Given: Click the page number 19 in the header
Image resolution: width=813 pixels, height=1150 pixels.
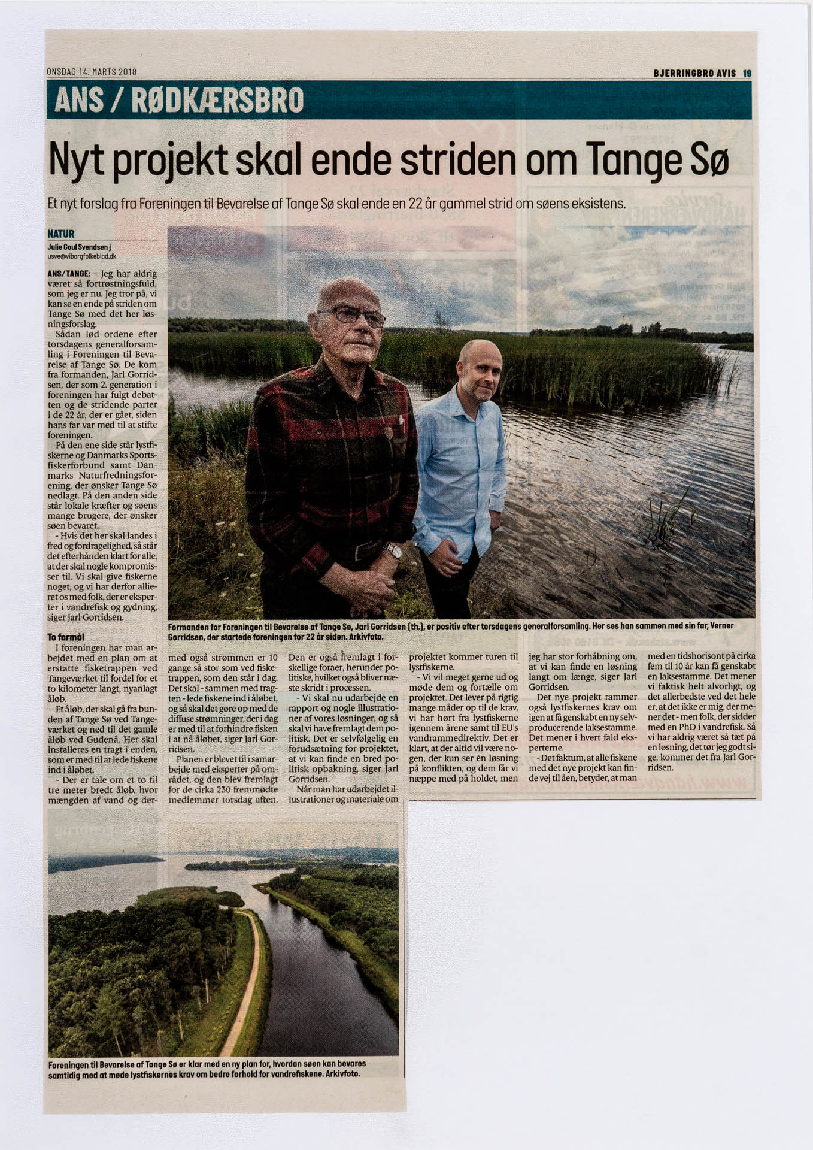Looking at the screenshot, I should (x=747, y=73).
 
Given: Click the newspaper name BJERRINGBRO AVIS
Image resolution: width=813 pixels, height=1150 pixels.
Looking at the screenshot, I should (x=695, y=73).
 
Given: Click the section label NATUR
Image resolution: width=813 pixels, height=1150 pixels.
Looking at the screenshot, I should (x=60, y=234).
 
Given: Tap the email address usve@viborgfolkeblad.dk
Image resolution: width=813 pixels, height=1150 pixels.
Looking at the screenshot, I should (x=77, y=256).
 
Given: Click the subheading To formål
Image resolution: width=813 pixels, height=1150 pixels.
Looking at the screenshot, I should (x=66, y=637).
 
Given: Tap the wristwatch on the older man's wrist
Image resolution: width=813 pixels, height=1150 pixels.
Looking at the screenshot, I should (x=393, y=550).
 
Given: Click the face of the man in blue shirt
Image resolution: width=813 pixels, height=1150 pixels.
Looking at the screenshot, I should (x=478, y=371).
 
